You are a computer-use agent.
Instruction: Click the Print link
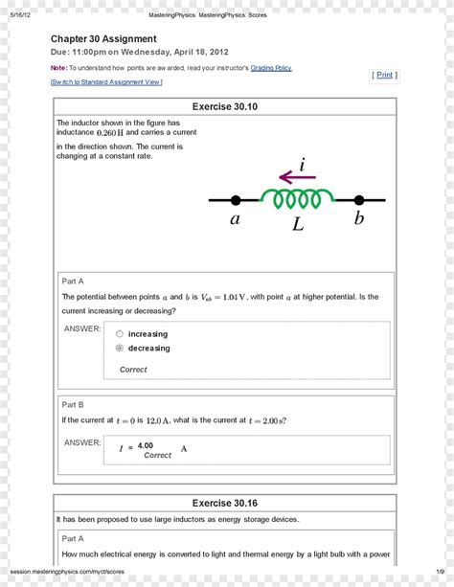click(x=384, y=75)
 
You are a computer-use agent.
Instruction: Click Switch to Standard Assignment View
click(x=106, y=82)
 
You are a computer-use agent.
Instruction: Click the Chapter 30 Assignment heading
click(x=110, y=38)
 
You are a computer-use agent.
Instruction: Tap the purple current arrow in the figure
click(x=297, y=177)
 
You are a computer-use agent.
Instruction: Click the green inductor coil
click(x=297, y=198)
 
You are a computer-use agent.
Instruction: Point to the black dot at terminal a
click(x=236, y=200)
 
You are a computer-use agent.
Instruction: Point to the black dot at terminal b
click(x=359, y=200)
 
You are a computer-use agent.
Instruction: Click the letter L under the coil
click(x=298, y=225)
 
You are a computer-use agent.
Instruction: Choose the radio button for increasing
click(x=120, y=334)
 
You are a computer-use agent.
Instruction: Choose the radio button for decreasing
click(x=120, y=349)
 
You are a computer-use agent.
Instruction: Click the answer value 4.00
click(x=146, y=446)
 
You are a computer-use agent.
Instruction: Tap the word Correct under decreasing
click(x=133, y=370)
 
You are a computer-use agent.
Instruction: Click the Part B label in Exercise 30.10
click(x=73, y=404)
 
